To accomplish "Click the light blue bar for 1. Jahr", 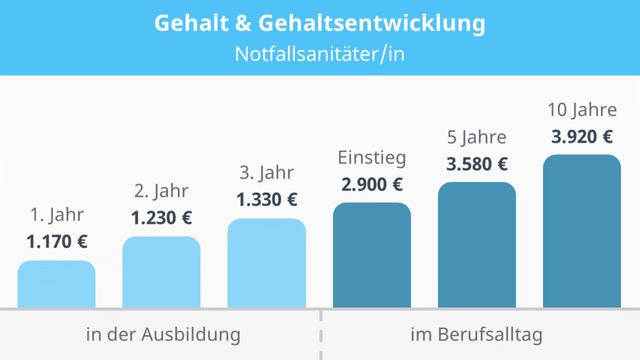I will (57, 284).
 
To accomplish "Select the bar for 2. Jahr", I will (162, 272).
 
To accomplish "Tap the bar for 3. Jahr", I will (267, 263).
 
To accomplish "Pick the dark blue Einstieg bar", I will (372, 255).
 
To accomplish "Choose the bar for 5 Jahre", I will (477, 245).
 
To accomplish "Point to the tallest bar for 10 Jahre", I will (582, 231).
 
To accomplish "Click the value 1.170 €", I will (57, 241).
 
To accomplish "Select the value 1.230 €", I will (162, 217).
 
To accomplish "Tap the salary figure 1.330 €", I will (267, 200).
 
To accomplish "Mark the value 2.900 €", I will (372, 184).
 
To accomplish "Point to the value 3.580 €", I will (477, 164).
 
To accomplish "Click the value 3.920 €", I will (582, 137).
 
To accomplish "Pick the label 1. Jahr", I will (57, 214).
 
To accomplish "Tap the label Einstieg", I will (372, 157).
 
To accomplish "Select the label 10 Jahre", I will (582, 109).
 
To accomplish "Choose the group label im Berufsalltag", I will (477, 334).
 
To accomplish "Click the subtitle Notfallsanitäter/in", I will (320, 53).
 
